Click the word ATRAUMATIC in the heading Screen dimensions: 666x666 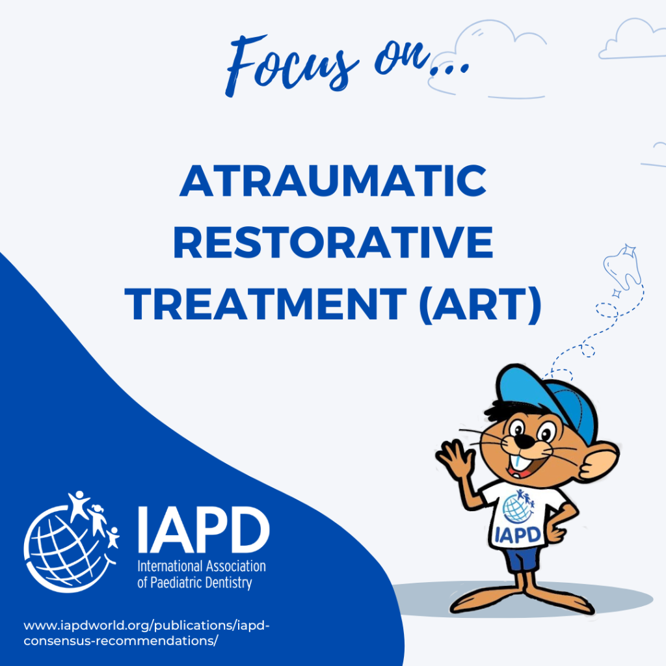[x=333, y=181]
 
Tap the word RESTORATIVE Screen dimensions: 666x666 [x=333, y=242]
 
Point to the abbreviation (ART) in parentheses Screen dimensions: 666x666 [x=481, y=304]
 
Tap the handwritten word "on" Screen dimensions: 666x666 [x=402, y=59]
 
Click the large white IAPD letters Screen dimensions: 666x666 [x=204, y=529]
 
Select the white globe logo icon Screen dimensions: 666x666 [x=72, y=542]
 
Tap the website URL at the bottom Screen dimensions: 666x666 [x=146, y=633]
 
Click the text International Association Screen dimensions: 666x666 [x=202, y=566]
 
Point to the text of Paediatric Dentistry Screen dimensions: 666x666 [x=194, y=582]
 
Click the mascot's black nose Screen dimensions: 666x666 [x=526, y=442]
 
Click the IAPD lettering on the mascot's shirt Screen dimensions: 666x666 [x=518, y=535]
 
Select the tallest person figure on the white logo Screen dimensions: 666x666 [x=78, y=505]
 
